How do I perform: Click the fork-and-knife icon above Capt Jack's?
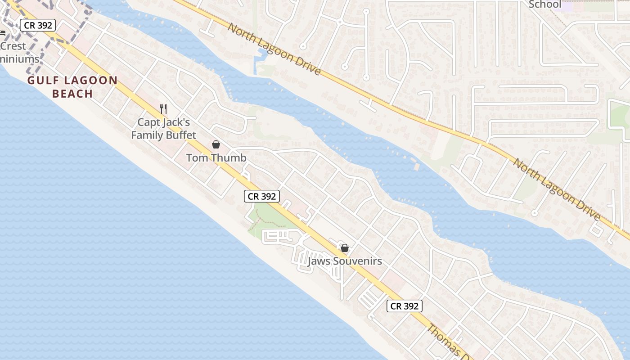(163, 109)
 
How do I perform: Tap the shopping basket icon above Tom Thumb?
(216, 144)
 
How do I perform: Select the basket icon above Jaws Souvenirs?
(345, 248)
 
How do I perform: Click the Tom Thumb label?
(216, 158)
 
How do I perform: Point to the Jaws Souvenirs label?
(345, 261)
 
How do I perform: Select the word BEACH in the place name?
(72, 94)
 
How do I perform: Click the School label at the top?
(545, 4)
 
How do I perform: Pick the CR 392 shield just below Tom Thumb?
(262, 196)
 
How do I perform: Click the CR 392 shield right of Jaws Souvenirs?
(405, 306)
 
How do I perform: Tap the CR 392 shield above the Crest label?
(38, 25)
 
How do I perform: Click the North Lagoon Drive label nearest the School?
(275, 49)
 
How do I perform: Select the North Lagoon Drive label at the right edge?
(558, 189)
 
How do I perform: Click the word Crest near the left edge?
(13, 46)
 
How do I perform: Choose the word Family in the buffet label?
(145, 135)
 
